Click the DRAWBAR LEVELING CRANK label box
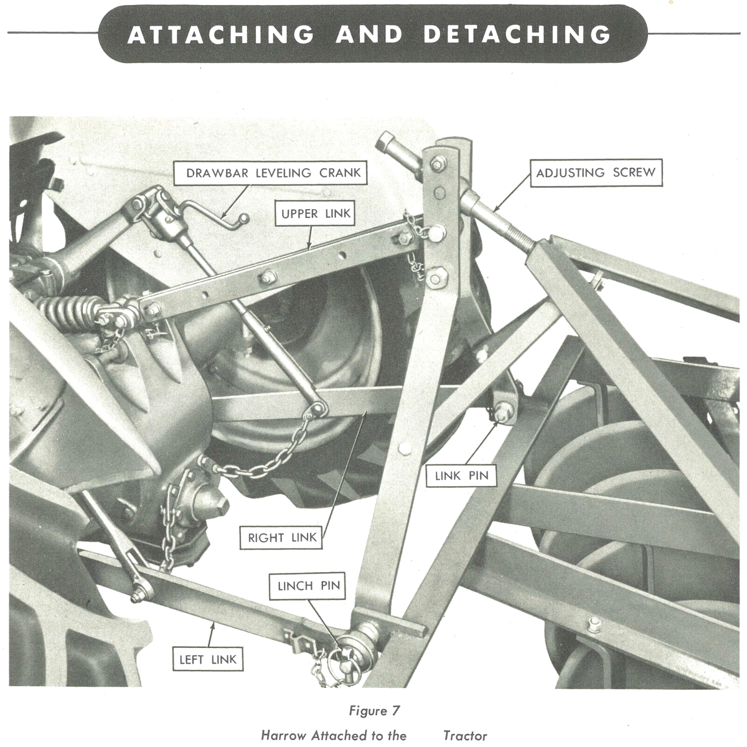pyautogui.click(x=273, y=172)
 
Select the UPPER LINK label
pyautogui.click(x=316, y=214)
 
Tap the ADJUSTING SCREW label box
pyautogui.click(x=596, y=172)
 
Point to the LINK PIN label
pyautogui.click(x=461, y=476)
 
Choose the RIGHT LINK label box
pyautogui.click(x=282, y=538)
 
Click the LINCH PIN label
pyautogui.click(x=309, y=586)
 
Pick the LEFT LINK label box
pyautogui.click(x=207, y=660)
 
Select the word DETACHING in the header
pyautogui.click(x=517, y=34)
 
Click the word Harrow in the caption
pyautogui.click(x=283, y=735)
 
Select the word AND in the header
pyautogui.click(x=368, y=34)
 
